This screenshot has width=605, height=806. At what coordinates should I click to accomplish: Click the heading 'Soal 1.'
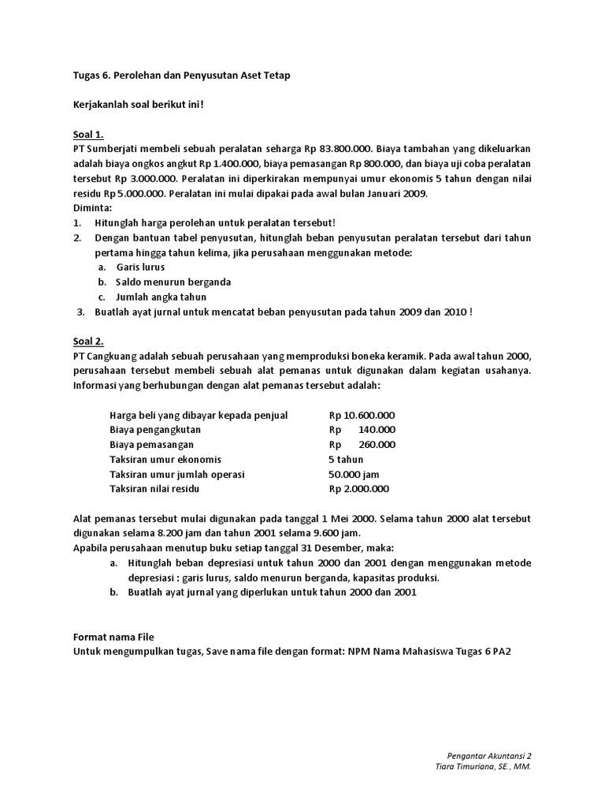pos(88,134)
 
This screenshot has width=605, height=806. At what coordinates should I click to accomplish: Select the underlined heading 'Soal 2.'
pos(88,341)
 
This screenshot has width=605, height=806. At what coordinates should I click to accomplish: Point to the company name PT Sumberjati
pos(105,148)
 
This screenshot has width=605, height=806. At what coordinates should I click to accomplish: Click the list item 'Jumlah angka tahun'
pos(161,297)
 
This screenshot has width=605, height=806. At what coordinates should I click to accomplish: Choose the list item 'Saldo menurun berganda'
pos(173,282)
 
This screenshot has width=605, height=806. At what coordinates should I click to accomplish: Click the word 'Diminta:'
pos(92,208)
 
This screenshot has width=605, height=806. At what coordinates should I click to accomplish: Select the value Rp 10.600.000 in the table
pos(362,415)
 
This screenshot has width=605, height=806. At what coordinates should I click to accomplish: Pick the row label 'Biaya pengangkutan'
pos(155,430)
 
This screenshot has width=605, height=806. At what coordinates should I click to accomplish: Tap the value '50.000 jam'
pos(354,474)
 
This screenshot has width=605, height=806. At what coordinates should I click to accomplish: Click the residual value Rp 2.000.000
pos(359,489)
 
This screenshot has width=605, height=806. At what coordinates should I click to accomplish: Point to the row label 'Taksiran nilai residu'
pos(155,489)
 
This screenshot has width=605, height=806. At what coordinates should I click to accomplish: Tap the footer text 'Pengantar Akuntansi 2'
pos(488,754)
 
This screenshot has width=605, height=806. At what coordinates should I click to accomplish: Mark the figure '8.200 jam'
pos(202,533)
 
